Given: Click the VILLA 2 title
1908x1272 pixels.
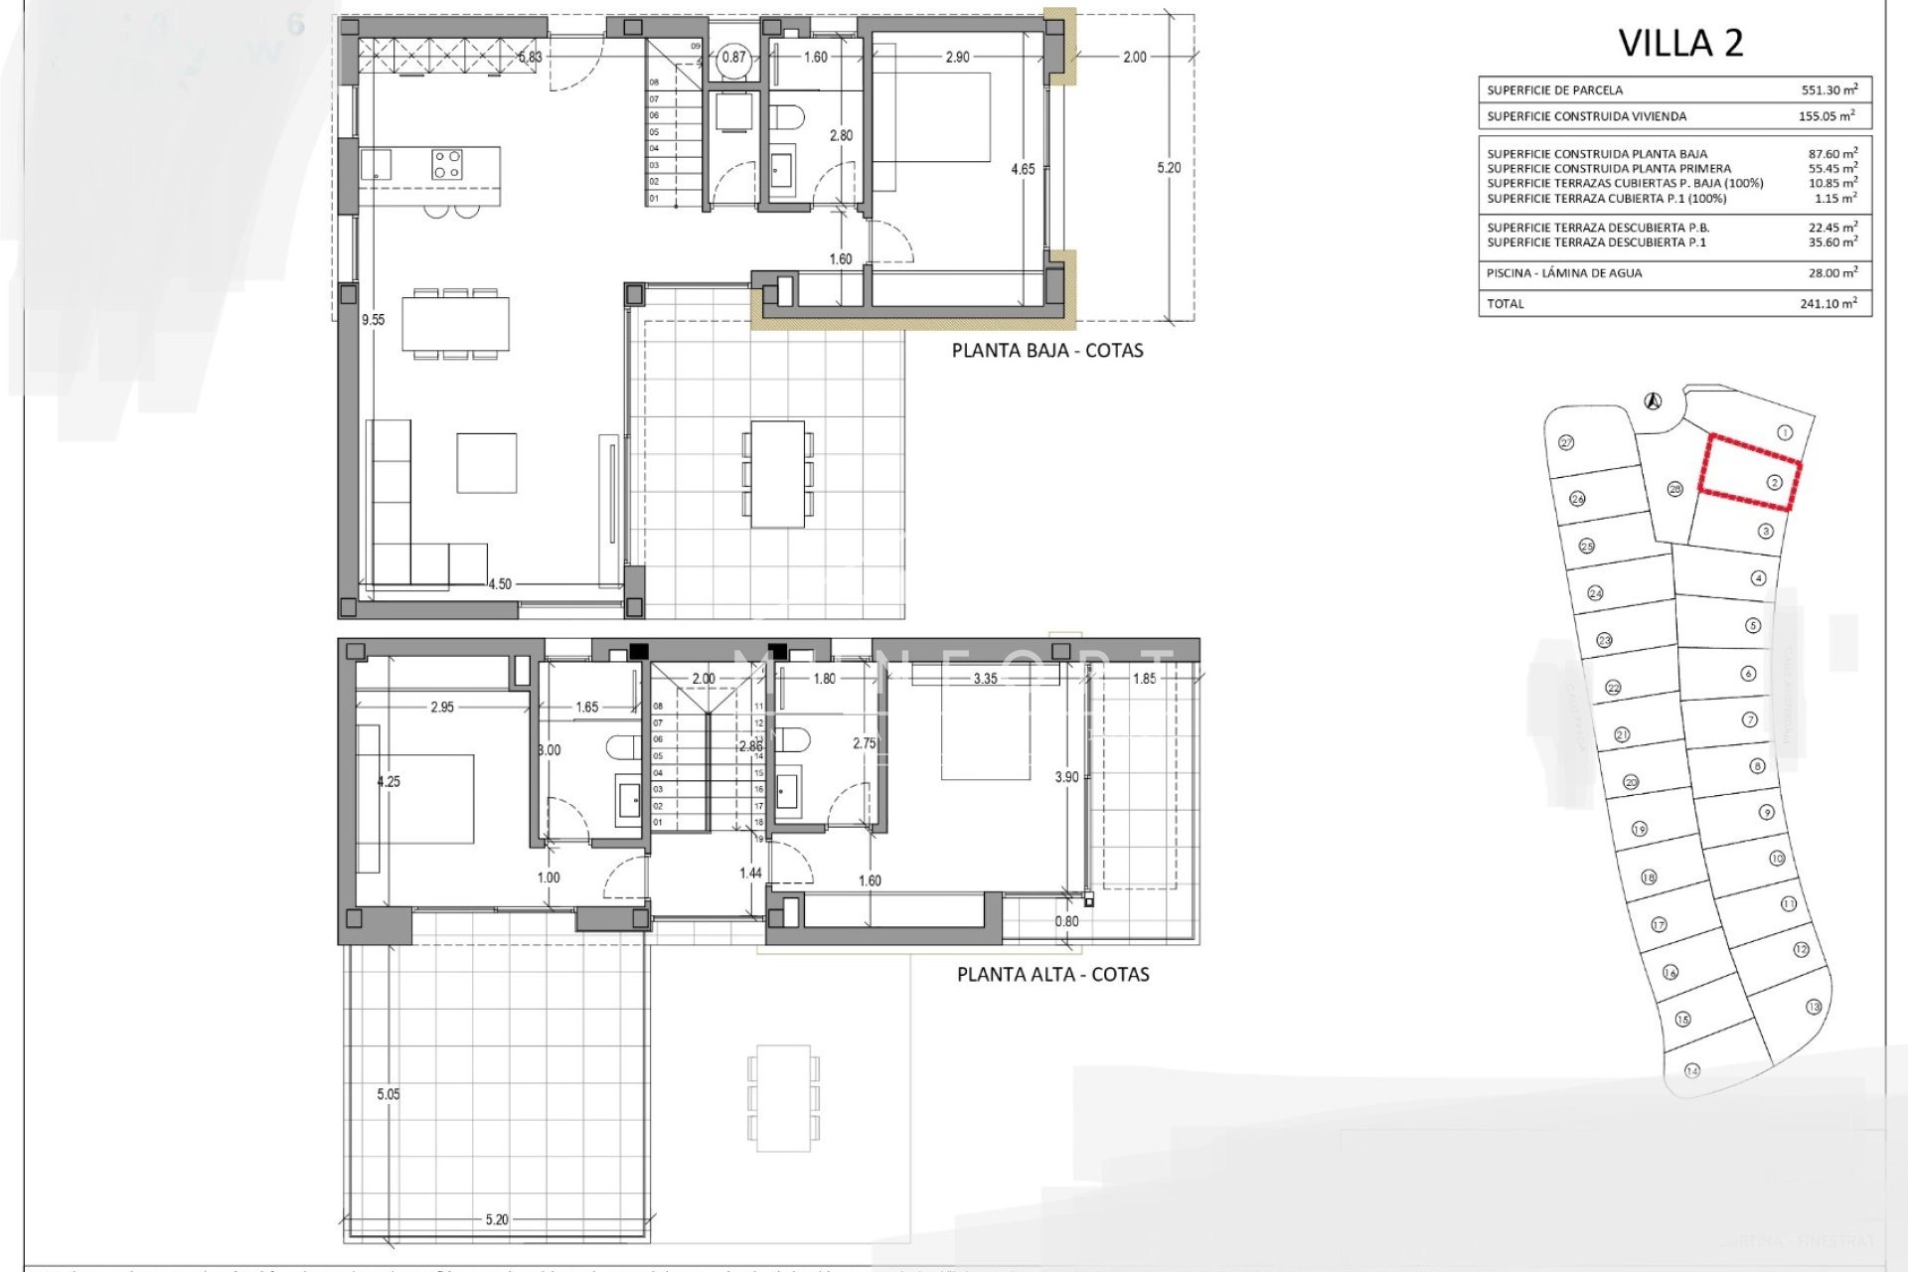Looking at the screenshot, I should coord(1680,44).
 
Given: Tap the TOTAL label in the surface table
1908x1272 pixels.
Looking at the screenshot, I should coord(1505,304).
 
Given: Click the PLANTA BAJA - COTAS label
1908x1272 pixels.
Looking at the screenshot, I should coord(1047,351).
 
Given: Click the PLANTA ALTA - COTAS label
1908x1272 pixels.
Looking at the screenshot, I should coord(1052,975).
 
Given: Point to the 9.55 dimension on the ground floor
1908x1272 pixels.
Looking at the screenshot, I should coord(373,320).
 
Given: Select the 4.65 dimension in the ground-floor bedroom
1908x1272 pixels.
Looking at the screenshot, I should coord(1023,170).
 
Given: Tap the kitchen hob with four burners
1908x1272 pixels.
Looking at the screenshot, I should coord(446,164).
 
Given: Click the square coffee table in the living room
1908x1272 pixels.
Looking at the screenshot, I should coord(486,463).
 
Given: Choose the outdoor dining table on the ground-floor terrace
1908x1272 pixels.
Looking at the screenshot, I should coord(777,474).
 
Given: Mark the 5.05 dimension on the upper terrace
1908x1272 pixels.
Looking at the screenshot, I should coord(389,1094).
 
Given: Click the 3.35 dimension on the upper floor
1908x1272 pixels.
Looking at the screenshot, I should coord(985,680).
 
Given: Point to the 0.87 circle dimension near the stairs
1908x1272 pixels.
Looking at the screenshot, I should coord(733,58).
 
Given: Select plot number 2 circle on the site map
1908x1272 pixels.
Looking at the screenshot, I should coord(1775,483).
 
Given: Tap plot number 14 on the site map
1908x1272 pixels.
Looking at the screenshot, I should coord(1692,1070).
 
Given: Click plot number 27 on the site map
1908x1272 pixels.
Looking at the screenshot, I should coord(1567,443).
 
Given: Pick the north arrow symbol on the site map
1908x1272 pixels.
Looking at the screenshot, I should coord(1653,401).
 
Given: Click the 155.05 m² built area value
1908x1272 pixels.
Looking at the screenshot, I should coord(1826,116).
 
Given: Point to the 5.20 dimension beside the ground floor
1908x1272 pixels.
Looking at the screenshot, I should coord(1169,168).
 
